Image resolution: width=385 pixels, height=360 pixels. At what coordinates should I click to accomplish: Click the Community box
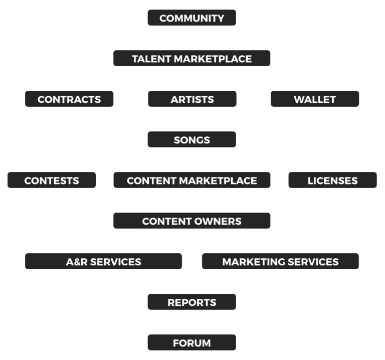click(191, 18)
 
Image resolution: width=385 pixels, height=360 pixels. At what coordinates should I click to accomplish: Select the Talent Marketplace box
click(191, 59)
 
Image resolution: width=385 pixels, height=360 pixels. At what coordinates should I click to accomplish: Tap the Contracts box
click(69, 99)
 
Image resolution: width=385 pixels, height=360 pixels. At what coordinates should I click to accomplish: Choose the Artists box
click(192, 99)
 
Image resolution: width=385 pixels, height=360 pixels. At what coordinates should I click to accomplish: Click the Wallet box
click(315, 99)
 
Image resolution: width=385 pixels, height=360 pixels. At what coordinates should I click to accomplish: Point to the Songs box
click(191, 140)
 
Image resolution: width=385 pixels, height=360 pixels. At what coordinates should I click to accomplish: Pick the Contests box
click(52, 181)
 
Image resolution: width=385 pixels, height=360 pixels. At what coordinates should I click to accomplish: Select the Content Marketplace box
click(191, 181)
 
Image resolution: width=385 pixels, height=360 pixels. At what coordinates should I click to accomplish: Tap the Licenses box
click(332, 181)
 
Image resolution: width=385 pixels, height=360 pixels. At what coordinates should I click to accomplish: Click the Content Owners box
click(191, 221)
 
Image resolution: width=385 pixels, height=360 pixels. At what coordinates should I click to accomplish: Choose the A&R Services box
click(103, 262)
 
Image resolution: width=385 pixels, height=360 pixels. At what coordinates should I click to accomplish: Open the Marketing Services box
click(280, 262)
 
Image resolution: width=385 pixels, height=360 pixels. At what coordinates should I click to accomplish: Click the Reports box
click(191, 302)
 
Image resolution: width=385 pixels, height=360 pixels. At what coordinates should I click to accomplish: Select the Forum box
click(191, 343)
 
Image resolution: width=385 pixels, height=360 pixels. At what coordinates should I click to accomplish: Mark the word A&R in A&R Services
click(76, 262)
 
